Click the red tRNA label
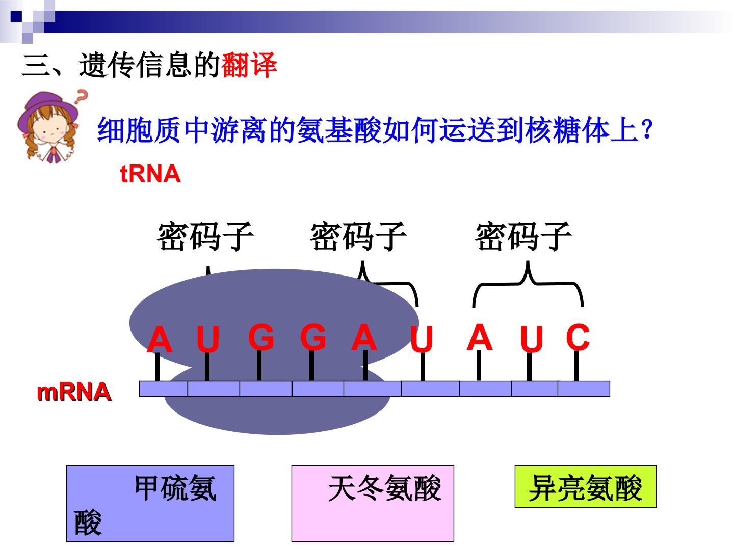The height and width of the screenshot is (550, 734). tap(150, 174)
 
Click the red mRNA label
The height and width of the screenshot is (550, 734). tap(74, 392)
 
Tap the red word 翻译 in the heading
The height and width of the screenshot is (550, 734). tap(249, 65)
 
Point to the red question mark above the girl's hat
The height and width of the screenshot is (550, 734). tap(81, 96)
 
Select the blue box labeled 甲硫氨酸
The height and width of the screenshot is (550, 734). tap(150, 504)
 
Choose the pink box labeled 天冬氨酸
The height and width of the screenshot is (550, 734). tap(373, 504)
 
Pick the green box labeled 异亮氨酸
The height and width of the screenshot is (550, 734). tap(586, 487)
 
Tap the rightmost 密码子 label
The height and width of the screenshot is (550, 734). tap(523, 236)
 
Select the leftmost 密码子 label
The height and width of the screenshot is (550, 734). tap(205, 236)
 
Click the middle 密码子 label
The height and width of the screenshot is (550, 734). tap(358, 236)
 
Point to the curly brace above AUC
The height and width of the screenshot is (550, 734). tap(528, 284)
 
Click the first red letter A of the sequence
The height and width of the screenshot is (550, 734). tap(160, 339)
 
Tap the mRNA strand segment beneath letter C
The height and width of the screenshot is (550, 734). tap(584, 389)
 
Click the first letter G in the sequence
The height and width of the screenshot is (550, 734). tap(261, 337)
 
